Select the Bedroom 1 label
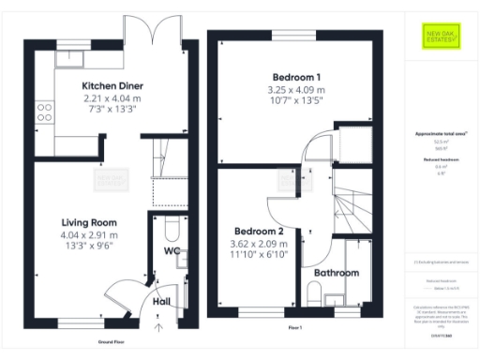point(296,77)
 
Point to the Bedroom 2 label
point(258,231)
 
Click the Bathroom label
point(336,273)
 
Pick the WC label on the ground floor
point(172,251)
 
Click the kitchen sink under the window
point(69,59)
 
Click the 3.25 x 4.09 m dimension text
point(296,90)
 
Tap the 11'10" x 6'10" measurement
point(258,254)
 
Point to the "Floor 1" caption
point(295,328)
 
